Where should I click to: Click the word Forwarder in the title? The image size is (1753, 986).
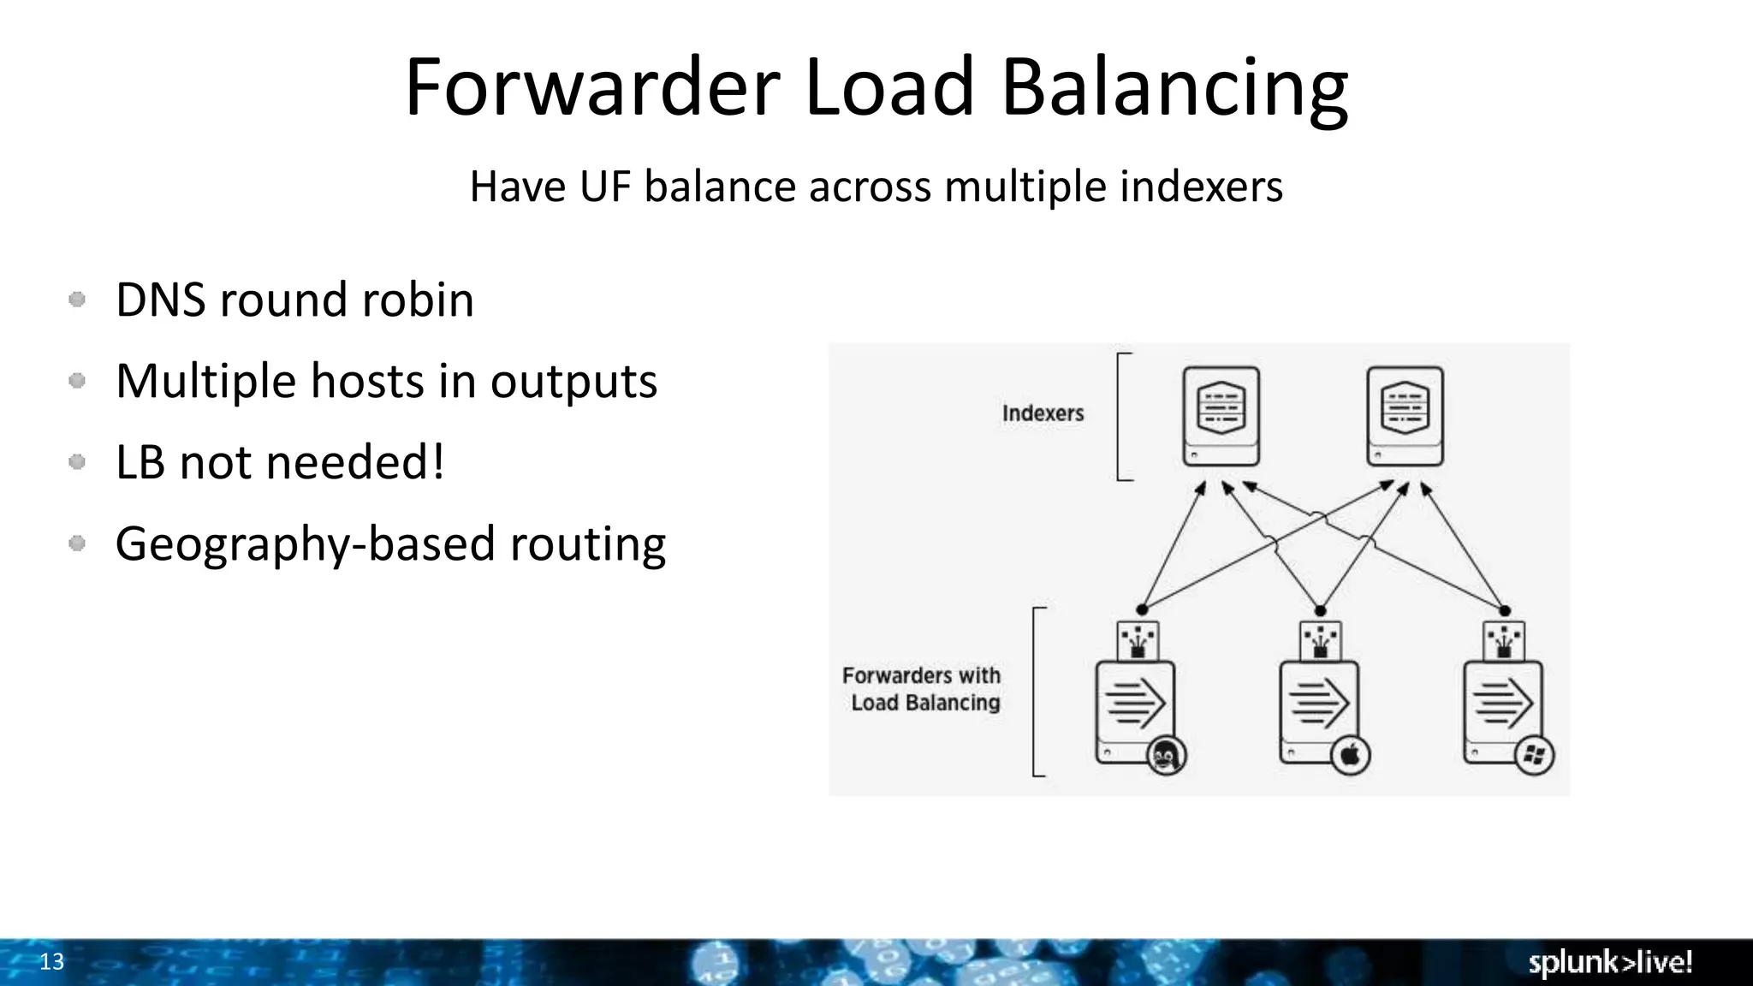(x=591, y=87)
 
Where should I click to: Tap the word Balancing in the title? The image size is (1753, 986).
(x=1174, y=89)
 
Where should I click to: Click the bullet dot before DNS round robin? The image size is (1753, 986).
(x=77, y=300)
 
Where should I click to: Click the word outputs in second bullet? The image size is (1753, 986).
(x=573, y=381)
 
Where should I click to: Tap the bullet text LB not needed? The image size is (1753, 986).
(x=280, y=462)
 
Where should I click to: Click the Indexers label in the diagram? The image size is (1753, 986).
(x=1043, y=413)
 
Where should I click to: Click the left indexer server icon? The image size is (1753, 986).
(x=1221, y=416)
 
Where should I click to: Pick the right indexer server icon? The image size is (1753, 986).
(x=1405, y=416)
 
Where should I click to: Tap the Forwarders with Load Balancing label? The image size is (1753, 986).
(x=923, y=689)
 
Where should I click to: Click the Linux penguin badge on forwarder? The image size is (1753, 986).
(x=1165, y=756)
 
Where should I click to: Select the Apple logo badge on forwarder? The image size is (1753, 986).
(x=1350, y=756)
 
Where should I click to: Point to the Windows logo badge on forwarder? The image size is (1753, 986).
(x=1534, y=756)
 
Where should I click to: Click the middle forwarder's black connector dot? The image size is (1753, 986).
(x=1320, y=610)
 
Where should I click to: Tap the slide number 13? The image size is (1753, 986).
(x=51, y=962)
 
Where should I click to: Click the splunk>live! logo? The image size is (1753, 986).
(x=1610, y=962)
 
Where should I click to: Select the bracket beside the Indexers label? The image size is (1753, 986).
(x=1121, y=416)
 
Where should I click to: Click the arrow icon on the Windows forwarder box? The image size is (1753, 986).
(x=1503, y=704)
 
